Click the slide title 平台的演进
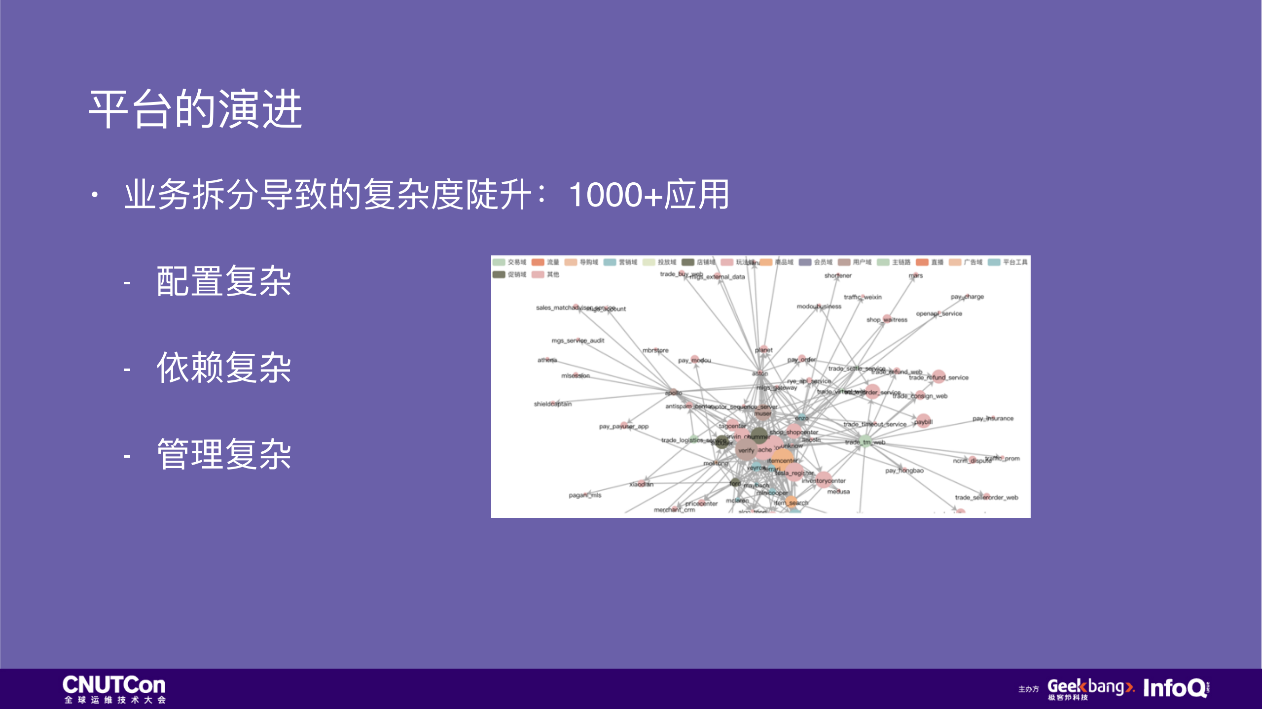click(195, 109)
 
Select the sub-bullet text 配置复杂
click(223, 281)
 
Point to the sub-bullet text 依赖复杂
click(223, 368)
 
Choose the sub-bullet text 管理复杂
click(223, 454)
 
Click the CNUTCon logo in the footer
click(114, 688)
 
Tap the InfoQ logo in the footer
click(1176, 688)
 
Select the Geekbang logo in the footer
click(1090, 688)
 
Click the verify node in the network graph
click(746, 450)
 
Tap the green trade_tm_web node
click(865, 441)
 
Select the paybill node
click(923, 421)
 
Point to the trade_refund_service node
click(938, 377)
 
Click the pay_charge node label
click(967, 297)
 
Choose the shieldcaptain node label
click(552, 404)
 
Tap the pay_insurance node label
click(993, 418)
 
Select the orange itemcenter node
click(782, 458)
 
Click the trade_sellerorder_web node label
click(986, 497)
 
